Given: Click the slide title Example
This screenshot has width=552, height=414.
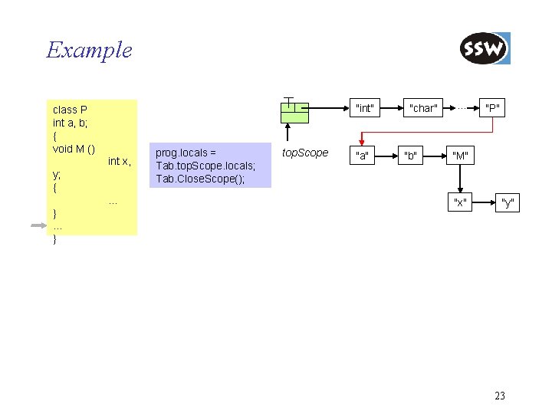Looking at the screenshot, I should pyautogui.click(x=89, y=51).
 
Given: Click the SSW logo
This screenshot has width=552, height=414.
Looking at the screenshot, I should pyautogui.click(x=485, y=49).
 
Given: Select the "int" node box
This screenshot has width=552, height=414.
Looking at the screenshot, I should pyautogui.click(x=365, y=108).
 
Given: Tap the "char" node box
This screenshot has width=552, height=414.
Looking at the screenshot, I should pyautogui.click(x=422, y=108).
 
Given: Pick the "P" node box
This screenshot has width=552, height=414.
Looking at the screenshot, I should pyautogui.click(x=491, y=108).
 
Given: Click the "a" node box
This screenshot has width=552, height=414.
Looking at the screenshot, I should pyautogui.click(x=360, y=156).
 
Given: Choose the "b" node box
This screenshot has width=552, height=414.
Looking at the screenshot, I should pyautogui.click(x=411, y=156).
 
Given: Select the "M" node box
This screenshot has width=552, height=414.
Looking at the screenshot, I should pyautogui.click(x=460, y=156).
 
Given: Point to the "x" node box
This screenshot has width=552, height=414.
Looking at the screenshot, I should pyautogui.click(x=460, y=202).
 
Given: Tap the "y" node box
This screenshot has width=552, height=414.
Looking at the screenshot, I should pyautogui.click(x=507, y=202).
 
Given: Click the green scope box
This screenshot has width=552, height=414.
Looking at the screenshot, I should pyautogui.click(x=294, y=112).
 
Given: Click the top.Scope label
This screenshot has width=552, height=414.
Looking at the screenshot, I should pyautogui.click(x=305, y=153).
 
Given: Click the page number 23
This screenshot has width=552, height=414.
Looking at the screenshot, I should pyautogui.click(x=500, y=396).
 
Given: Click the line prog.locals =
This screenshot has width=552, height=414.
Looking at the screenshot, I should pyautogui.click(x=186, y=153).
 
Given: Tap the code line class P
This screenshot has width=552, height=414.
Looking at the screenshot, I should pyautogui.click(x=70, y=110).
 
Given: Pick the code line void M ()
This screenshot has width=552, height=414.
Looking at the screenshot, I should pyautogui.click(x=74, y=148).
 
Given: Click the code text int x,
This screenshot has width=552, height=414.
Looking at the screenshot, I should pyautogui.click(x=119, y=161).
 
